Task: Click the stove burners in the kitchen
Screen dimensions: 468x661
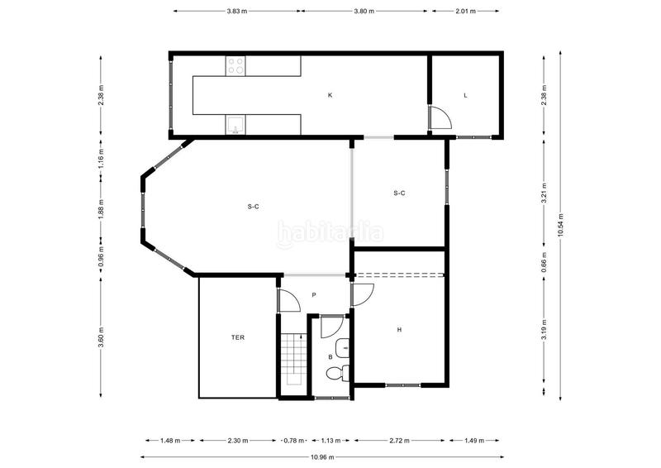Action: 235,64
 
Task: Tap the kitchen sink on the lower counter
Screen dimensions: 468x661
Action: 235,125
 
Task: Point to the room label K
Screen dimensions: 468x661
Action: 330,96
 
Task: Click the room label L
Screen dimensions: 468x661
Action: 465,96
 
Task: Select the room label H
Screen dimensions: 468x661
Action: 399,330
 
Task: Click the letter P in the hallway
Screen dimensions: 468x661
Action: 314,295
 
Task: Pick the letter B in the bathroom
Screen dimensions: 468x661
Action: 330,357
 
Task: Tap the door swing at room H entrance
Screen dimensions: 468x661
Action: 364,293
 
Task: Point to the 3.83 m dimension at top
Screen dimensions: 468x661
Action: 237,12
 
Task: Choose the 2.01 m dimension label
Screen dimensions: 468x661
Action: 466,12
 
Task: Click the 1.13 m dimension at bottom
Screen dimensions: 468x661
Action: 330,440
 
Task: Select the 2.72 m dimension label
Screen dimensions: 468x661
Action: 399,440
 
